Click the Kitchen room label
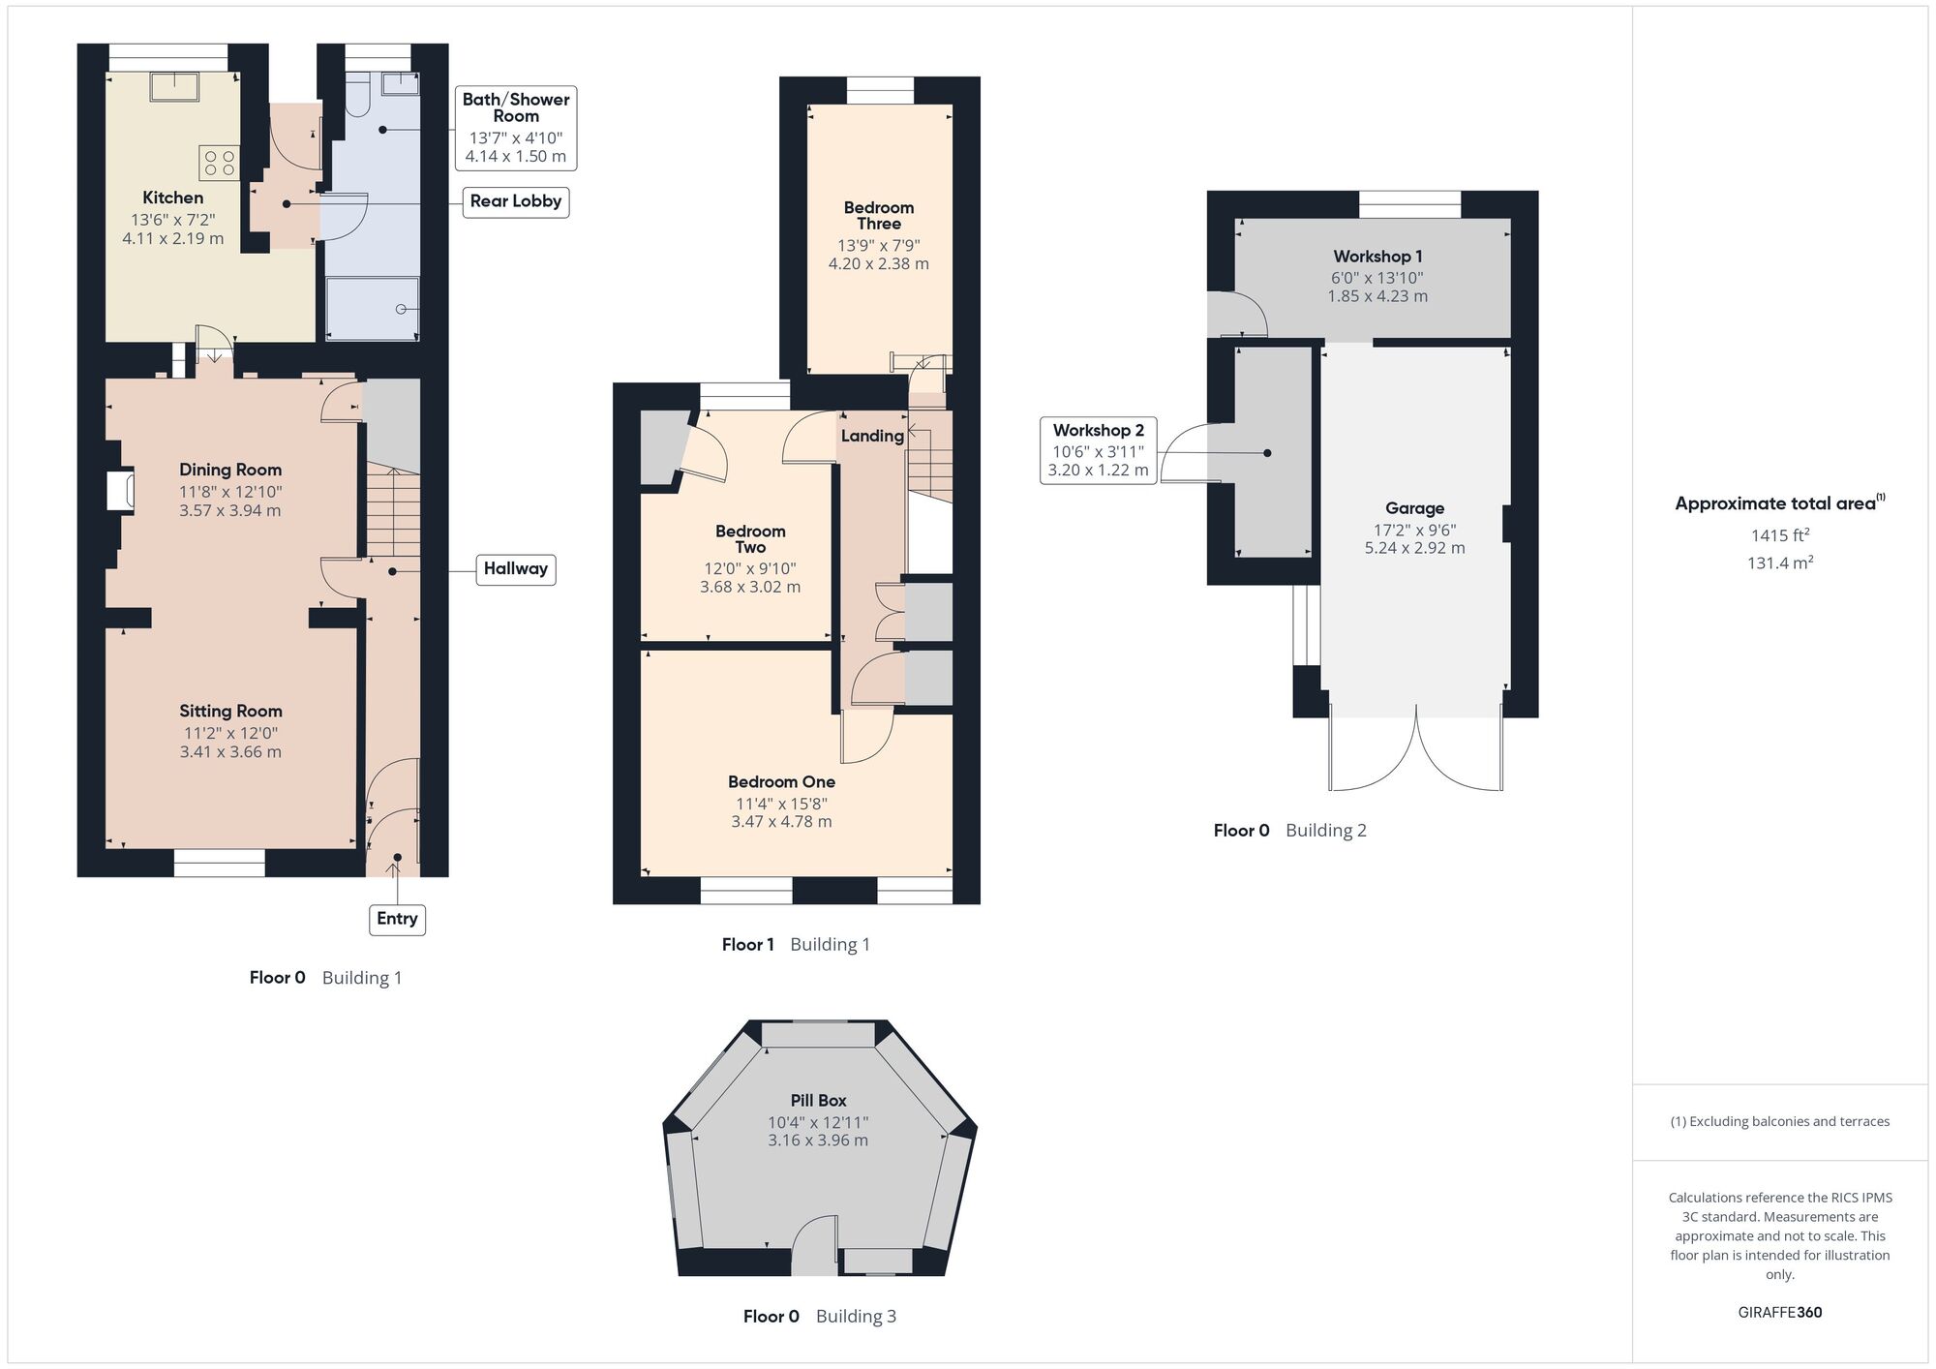[x=172, y=198]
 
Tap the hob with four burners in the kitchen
[x=220, y=162]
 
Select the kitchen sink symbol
[x=174, y=87]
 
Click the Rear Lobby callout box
[x=515, y=201]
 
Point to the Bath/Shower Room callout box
[x=515, y=127]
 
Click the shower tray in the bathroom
[x=373, y=309]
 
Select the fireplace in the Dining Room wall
[x=121, y=490]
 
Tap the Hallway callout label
[x=515, y=568]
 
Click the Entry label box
[x=397, y=918]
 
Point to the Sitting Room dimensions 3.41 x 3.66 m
[x=230, y=751]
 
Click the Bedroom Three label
[x=878, y=215]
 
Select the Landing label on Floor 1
[x=871, y=436]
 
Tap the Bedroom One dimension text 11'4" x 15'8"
[x=781, y=803]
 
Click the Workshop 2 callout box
[x=1098, y=450]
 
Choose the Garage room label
[x=1414, y=508]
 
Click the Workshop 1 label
[x=1377, y=257]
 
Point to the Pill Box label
[x=818, y=1100]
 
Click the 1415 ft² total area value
[x=1779, y=534]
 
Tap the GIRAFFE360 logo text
[x=1779, y=1312]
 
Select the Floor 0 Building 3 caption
[x=819, y=1316]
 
